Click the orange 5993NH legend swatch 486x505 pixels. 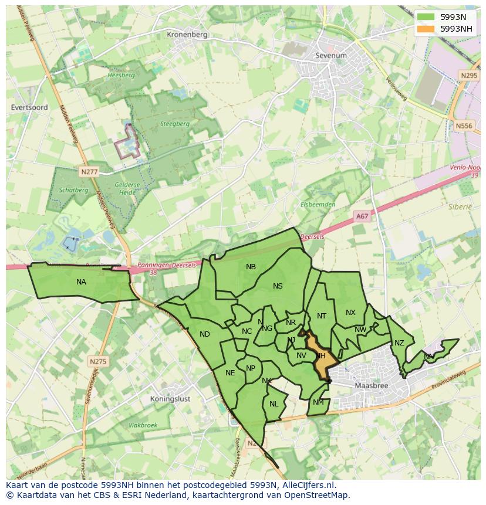point(426,28)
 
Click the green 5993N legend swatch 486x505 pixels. point(426,17)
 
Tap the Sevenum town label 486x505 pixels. point(331,56)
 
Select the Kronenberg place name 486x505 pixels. point(187,35)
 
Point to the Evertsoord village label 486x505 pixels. point(29,107)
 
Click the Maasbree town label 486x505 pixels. point(373,385)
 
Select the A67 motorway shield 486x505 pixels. point(362,216)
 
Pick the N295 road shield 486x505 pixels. point(469,76)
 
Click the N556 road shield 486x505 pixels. point(464,126)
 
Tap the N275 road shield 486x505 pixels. point(98,361)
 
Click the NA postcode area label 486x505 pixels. point(81,282)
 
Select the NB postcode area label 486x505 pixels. point(251,267)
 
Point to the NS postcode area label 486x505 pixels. point(278,286)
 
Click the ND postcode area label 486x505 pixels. point(204,334)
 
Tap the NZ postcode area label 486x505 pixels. point(399,343)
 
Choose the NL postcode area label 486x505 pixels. point(274,404)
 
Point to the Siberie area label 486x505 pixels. point(461,207)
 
